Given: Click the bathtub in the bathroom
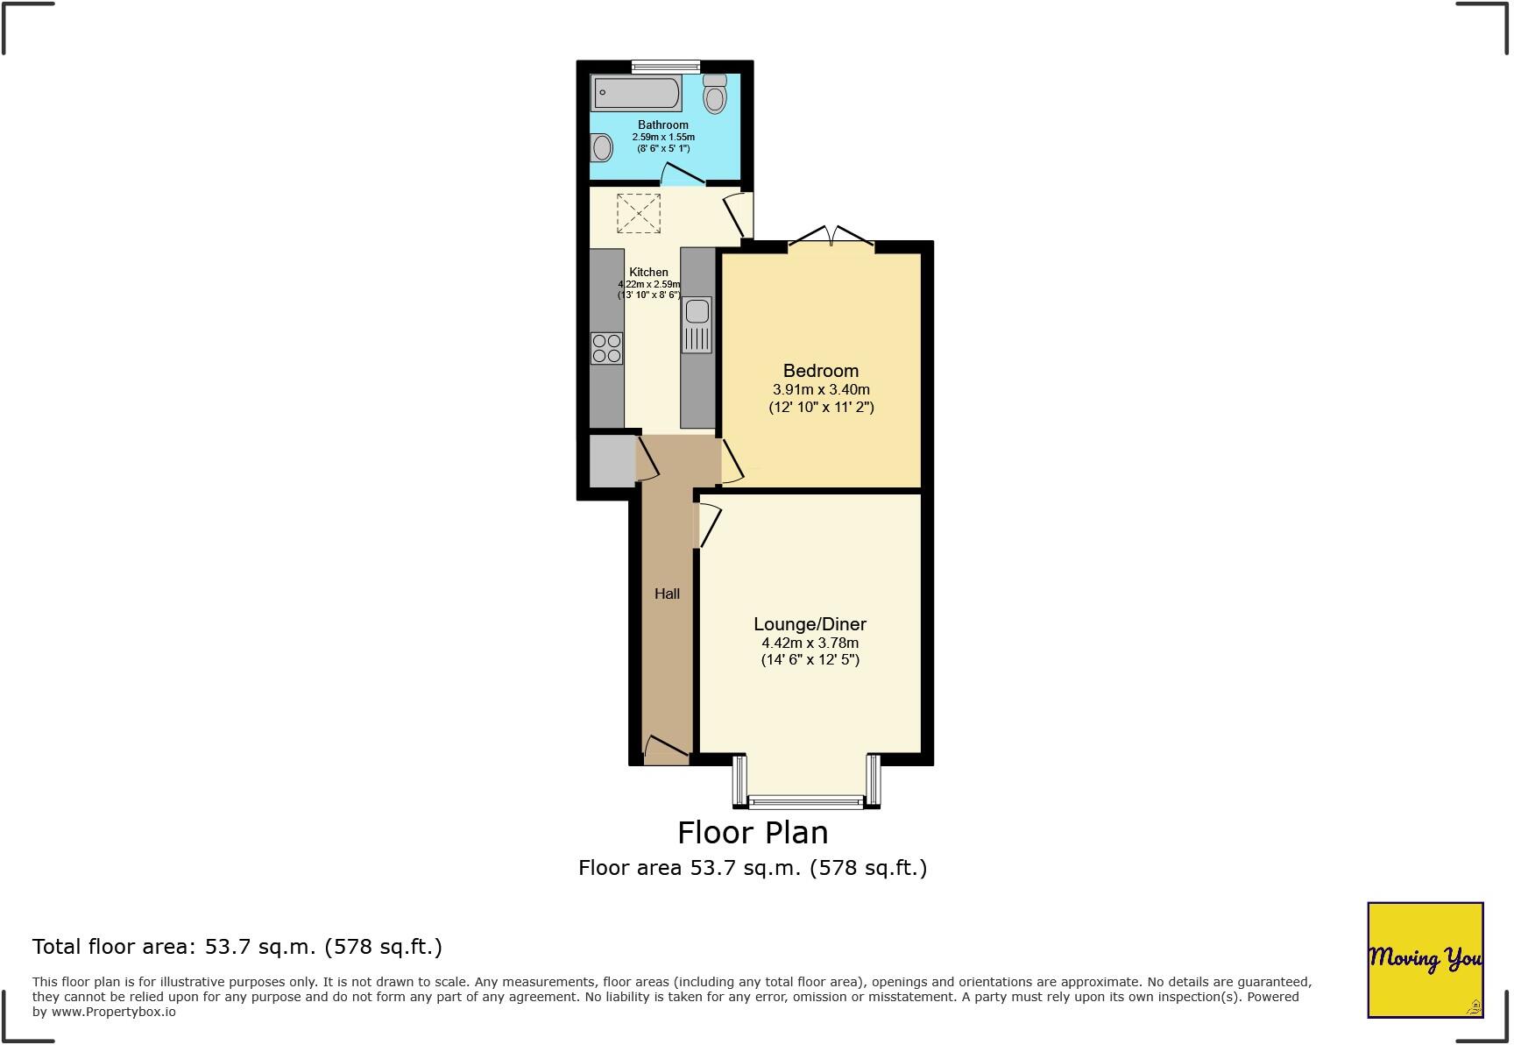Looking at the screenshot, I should (x=637, y=91).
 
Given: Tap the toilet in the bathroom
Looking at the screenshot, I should (x=716, y=94).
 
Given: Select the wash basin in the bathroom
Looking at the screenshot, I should (x=602, y=147).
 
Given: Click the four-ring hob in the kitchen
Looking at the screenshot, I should (x=606, y=348).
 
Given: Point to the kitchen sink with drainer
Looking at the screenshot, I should (x=697, y=324).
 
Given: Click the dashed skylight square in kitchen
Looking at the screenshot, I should (x=639, y=213).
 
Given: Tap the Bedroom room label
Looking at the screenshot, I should (x=821, y=371).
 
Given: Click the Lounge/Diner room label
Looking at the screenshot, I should (x=810, y=624).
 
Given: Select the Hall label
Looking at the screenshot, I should (x=667, y=594).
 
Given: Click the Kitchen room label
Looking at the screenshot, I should (x=648, y=272).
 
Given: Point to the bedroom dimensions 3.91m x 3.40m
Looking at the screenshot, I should (x=821, y=389).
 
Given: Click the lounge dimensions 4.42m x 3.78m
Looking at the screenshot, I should (x=810, y=643).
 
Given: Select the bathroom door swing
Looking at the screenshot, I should (x=683, y=175).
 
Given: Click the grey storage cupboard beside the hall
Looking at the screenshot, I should (x=611, y=460).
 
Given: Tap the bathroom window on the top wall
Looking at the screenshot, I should (x=665, y=65).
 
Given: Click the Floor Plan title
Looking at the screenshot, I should (x=753, y=832).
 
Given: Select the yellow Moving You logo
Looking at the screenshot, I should (x=1425, y=959).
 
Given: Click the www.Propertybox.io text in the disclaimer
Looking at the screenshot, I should (x=113, y=1012).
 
